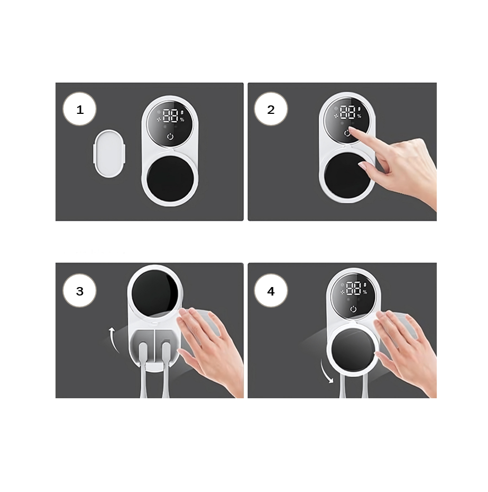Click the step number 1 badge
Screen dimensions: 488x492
[79, 109]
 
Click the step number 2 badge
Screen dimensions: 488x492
[271, 109]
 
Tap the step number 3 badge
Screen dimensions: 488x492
[79, 291]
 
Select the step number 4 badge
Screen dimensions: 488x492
[271, 291]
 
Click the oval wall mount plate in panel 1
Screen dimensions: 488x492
[109, 154]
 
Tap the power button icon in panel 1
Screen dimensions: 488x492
[170, 137]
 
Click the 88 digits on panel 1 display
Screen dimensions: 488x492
[171, 115]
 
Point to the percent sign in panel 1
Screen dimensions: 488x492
[182, 120]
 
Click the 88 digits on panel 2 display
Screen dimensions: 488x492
[348, 112]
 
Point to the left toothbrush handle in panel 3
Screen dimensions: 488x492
[143, 370]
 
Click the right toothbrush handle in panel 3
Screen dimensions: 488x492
[166, 370]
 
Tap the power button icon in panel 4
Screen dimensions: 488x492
[353, 309]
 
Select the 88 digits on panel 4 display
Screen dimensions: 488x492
[354, 288]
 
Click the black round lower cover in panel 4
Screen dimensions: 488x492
[353, 350]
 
